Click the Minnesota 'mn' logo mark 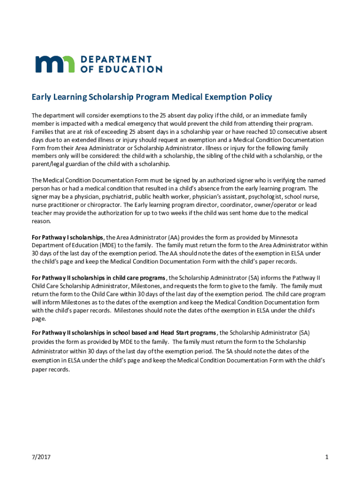click(x=54, y=64)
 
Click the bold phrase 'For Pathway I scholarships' click(x=67, y=237)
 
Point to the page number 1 click(x=326, y=457)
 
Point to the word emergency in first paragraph click(x=175, y=123)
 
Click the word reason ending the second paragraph click(x=41, y=221)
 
